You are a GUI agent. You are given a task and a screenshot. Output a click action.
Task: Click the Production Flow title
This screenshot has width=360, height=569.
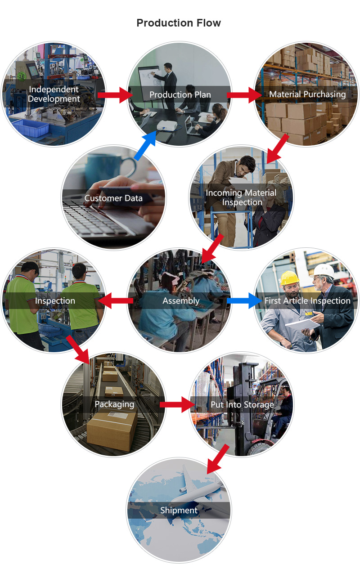click(179, 23)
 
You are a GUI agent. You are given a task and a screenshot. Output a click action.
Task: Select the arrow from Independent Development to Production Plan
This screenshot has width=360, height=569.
click(115, 95)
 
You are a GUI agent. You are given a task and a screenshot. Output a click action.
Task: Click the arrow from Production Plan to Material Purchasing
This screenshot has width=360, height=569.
click(244, 95)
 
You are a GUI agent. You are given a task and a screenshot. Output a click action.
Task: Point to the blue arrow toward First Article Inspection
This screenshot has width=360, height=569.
click(244, 301)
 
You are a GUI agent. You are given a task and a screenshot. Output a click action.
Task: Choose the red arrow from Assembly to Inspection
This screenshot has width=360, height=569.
click(116, 301)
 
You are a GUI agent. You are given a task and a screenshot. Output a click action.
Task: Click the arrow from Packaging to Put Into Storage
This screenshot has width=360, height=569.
click(177, 404)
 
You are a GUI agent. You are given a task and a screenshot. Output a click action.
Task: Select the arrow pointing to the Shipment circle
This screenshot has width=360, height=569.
click(218, 459)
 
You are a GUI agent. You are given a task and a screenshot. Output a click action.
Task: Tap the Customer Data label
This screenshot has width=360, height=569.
click(113, 198)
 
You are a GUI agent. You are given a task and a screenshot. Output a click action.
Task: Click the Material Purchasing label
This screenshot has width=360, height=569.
click(307, 94)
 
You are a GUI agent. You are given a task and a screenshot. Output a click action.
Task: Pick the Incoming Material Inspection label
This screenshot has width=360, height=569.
click(241, 197)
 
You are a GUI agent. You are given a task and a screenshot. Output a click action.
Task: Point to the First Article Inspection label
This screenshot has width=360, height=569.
click(307, 301)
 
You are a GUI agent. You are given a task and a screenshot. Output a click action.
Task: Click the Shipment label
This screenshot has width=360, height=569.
click(179, 511)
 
